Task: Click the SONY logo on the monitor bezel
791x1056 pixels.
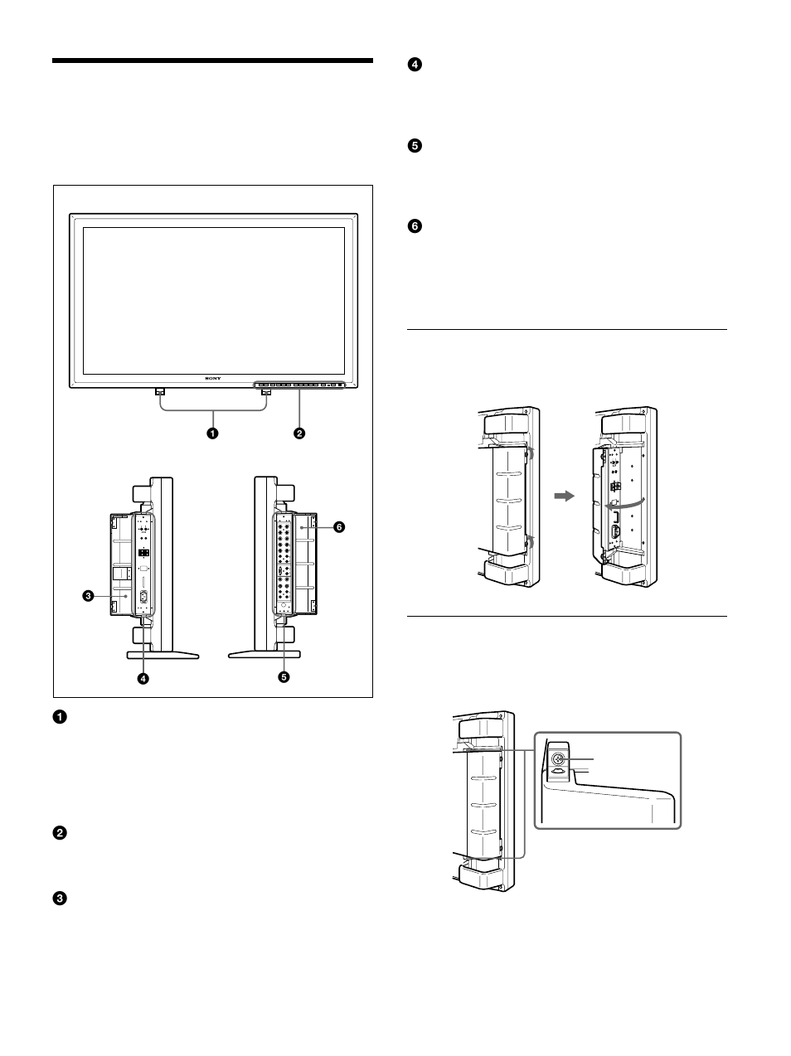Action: tap(214, 377)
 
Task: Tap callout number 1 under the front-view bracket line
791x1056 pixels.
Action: tap(213, 433)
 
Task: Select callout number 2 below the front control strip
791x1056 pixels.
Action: tap(298, 433)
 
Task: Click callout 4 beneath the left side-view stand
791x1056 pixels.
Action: tap(143, 677)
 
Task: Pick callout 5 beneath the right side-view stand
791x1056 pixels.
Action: tap(284, 677)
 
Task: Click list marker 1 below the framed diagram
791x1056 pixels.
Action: tap(60, 717)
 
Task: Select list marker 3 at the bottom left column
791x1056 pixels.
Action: tap(60, 899)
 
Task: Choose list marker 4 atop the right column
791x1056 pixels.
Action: tap(415, 65)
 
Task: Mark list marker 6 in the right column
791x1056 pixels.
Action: tap(415, 225)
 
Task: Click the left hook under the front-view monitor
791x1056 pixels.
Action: tap(160, 392)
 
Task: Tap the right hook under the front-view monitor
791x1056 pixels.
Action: tap(265, 392)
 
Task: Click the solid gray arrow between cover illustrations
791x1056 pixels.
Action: tap(564, 496)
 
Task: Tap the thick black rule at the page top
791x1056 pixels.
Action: tap(212, 61)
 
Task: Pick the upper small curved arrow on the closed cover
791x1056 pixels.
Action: tap(531, 453)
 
